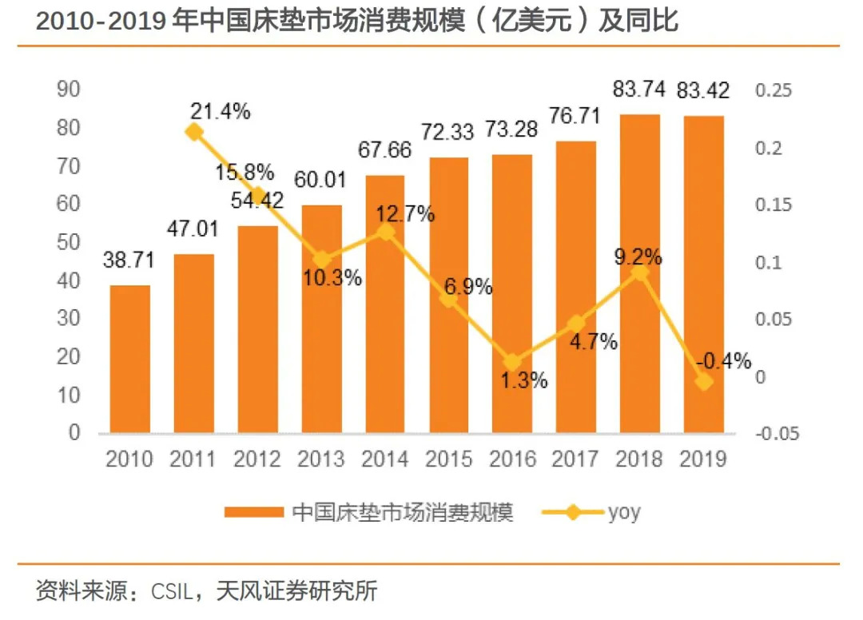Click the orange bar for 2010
coord(129,360)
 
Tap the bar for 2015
coord(448,296)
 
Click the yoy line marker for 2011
coord(193,133)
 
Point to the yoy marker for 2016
coord(512,362)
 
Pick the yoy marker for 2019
coord(703,382)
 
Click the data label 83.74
coord(638,89)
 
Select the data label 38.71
coord(129,260)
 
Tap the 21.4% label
coord(220,111)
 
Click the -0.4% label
coord(723,361)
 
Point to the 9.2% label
coord(637,256)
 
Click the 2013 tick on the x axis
coord(320,459)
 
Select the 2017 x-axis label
coord(575,459)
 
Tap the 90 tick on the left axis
coord(69,89)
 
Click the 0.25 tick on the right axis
coord(773,90)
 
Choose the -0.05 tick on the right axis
coord(777,434)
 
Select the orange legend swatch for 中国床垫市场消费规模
coord(254,512)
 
